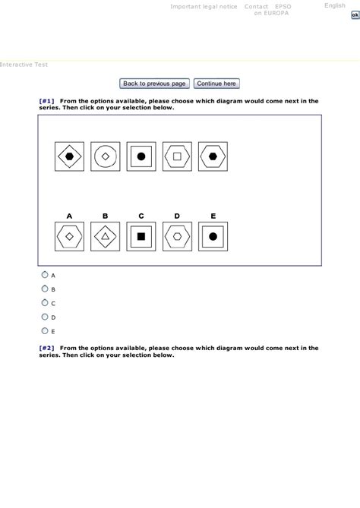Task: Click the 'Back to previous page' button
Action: (155, 84)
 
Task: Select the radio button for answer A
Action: (45, 275)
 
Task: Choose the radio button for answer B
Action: (45, 289)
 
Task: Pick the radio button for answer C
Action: (45, 302)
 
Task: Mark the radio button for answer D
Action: (45, 317)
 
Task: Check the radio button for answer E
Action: (45, 330)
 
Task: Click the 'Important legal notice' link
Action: (204, 6)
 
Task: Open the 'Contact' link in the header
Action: (255, 6)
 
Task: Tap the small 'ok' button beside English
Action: (355, 14)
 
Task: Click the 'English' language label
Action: (335, 5)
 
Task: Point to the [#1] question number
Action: (46, 100)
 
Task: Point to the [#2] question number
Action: (46, 348)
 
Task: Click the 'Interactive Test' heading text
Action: (24, 65)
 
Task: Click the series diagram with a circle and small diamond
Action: (106, 156)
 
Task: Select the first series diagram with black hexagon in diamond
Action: (70, 156)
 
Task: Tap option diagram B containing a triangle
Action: (106, 236)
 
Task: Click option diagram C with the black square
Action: (141, 236)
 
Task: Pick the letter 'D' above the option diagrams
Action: (177, 216)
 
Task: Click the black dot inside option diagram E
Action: (213, 236)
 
